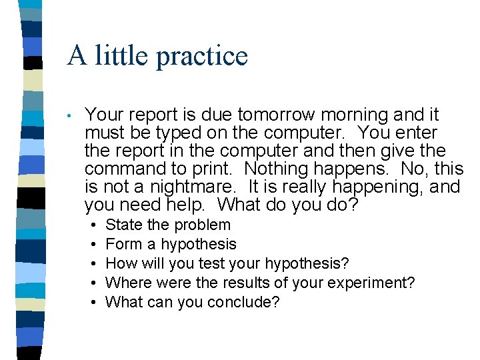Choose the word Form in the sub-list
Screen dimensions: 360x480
click(122, 245)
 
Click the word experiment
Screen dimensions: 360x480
click(371, 283)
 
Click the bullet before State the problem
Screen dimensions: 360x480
click(91, 225)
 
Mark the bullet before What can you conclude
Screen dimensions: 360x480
click(91, 303)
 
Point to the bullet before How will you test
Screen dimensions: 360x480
click(91, 264)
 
